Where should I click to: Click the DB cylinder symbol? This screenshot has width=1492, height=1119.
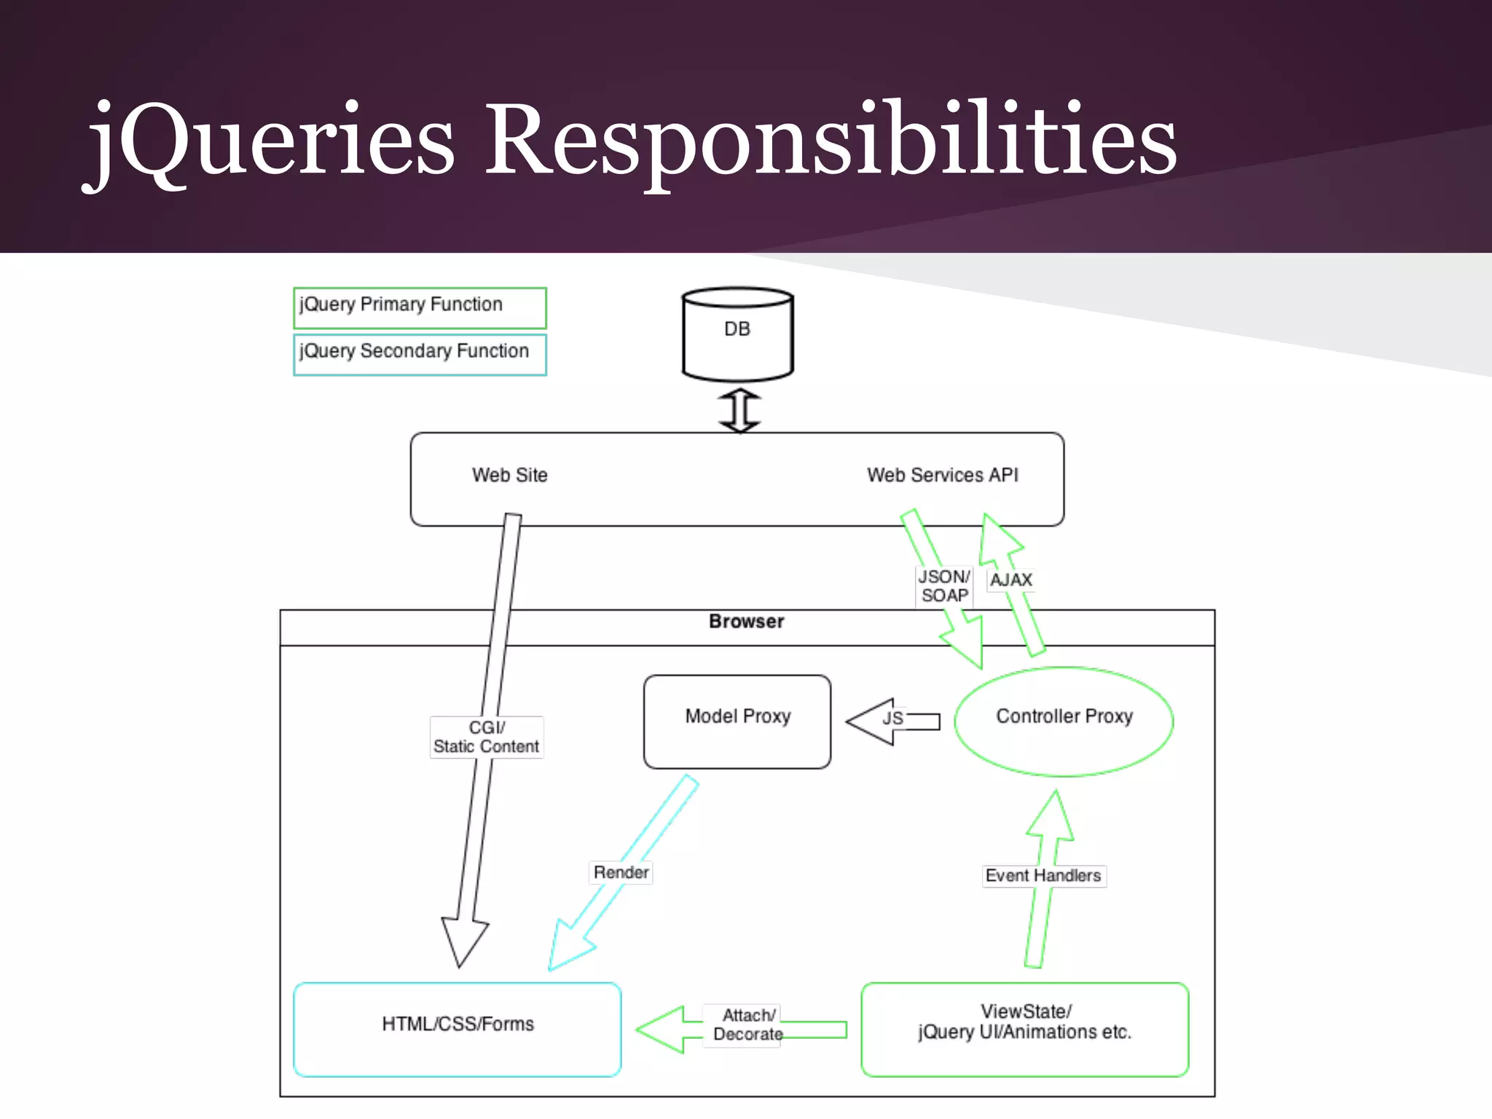tap(737, 334)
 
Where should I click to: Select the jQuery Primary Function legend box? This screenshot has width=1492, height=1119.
tap(420, 307)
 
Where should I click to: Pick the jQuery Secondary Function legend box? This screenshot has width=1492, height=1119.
tap(420, 354)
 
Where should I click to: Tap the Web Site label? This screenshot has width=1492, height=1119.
tap(509, 475)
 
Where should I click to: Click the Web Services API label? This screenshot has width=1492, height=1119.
tap(942, 475)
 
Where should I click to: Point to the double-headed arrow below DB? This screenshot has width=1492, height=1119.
tap(739, 410)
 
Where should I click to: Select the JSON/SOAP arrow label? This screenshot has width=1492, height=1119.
tap(943, 586)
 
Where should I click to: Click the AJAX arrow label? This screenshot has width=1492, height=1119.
tap(1011, 580)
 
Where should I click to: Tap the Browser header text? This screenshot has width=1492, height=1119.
tap(746, 621)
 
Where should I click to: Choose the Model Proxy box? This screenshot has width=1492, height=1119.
tap(737, 721)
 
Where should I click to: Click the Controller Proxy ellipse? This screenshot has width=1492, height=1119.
tap(1064, 721)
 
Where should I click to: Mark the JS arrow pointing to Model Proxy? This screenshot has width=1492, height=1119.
tap(892, 721)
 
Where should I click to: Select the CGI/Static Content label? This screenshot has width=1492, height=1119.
tap(486, 737)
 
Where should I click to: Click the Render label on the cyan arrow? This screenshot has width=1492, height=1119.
tap(621, 872)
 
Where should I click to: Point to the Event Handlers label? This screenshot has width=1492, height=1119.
tap(1043, 876)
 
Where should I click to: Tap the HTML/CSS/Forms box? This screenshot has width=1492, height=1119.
tap(458, 1029)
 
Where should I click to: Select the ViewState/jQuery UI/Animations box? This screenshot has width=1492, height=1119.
tap(1024, 1029)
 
